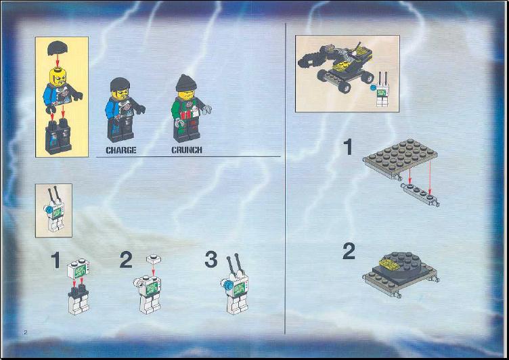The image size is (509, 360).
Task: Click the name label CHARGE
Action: tap(121, 150)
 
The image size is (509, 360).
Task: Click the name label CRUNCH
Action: tap(187, 150)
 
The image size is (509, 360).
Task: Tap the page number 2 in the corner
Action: tap(26, 332)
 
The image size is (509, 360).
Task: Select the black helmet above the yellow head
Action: tap(58, 48)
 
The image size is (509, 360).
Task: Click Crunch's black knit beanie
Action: tap(186, 83)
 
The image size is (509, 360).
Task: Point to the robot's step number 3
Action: tap(211, 259)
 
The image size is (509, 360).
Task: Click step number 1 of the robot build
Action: tap(56, 260)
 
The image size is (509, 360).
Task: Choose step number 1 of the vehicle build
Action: tap(348, 147)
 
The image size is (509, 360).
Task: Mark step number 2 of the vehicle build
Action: tap(349, 251)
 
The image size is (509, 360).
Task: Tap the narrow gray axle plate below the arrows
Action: tap(420, 194)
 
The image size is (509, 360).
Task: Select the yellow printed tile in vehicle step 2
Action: tap(390, 265)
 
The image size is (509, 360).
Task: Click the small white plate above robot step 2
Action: tap(154, 259)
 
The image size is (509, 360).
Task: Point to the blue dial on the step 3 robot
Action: tap(227, 286)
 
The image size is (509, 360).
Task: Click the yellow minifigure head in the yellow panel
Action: tap(58, 76)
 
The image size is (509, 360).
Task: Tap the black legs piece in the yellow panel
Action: tap(58, 136)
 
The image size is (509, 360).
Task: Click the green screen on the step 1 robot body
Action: tap(79, 271)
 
